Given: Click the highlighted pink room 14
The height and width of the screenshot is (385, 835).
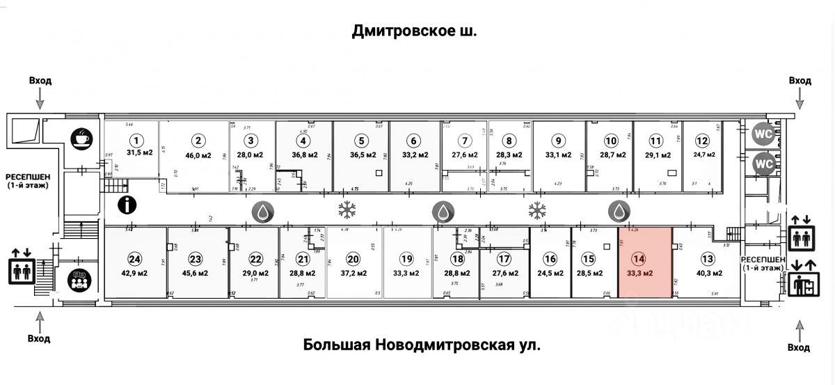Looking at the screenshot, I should (645, 263).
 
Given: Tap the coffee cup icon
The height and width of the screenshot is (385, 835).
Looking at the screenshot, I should (81, 138).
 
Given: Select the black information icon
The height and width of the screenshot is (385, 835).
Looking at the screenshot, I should (127, 205).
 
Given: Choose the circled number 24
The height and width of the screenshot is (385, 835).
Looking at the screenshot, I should (135, 259).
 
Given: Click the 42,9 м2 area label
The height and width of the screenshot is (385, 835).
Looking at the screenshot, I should (135, 273).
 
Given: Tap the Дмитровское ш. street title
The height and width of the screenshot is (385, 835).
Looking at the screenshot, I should (415, 31).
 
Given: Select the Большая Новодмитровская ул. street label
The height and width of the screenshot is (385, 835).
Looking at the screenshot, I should (422, 345).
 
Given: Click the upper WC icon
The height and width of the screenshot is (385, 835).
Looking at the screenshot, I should (763, 132).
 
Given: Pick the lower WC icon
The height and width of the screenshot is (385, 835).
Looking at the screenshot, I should (763, 164).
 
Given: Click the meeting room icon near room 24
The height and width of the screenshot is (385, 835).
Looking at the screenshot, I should (79, 281).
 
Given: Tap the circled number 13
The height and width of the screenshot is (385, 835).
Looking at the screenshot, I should (708, 259).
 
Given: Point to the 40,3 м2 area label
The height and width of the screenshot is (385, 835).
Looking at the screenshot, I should (708, 273).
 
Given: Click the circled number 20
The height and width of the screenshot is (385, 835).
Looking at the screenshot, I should (353, 259).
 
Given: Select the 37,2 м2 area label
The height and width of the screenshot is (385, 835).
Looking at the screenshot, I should (353, 273).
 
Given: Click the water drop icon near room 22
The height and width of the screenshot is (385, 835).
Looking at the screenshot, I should (264, 212).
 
